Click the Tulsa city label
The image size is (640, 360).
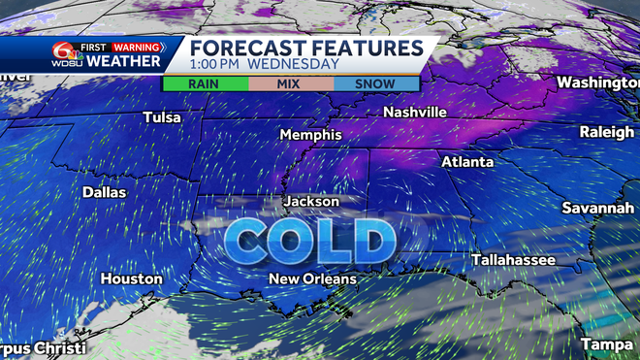(x=161, y=117)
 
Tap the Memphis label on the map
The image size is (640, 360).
(x=310, y=134)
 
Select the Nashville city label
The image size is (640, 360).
(x=414, y=113)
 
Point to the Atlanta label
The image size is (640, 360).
(x=467, y=162)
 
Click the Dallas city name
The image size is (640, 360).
(x=104, y=192)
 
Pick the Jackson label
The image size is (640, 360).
(x=311, y=201)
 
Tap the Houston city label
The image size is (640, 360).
(x=132, y=278)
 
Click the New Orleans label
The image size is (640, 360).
(x=312, y=278)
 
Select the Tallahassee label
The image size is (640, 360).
(x=513, y=260)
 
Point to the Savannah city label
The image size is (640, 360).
(x=597, y=209)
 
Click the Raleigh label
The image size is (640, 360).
(x=607, y=132)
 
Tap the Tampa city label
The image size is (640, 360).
(x=607, y=344)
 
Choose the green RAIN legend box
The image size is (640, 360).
(x=204, y=83)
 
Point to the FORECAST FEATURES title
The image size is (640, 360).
(x=305, y=48)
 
